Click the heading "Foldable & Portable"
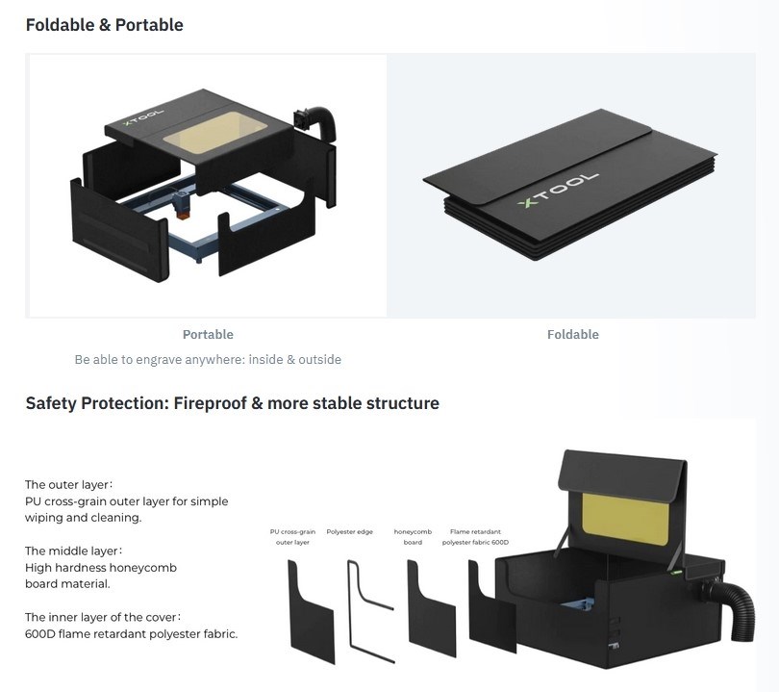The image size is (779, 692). [104, 25]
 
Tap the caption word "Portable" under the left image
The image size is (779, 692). [208, 335]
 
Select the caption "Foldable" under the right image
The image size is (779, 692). [573, 335]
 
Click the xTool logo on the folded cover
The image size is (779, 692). [558, 190]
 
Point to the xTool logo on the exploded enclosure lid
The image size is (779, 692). [143, 117]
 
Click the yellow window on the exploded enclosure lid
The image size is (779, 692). [215, 132]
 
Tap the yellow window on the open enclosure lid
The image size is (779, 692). [624, 523]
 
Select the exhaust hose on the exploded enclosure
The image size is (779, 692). [316, 122]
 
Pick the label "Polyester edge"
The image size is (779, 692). [349, 532]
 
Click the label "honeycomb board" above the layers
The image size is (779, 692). [413, 537]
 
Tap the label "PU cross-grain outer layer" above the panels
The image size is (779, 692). [292, 537]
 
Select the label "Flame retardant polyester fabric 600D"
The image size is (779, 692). [475, 537]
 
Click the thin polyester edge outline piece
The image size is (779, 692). [351, 611]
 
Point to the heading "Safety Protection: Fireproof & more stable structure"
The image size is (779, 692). [233, 403]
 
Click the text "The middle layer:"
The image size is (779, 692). [73, 551]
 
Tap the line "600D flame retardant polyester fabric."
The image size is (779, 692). [131, 634]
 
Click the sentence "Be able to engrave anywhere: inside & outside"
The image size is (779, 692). [208, 359]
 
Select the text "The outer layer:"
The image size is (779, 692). [68, 485]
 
